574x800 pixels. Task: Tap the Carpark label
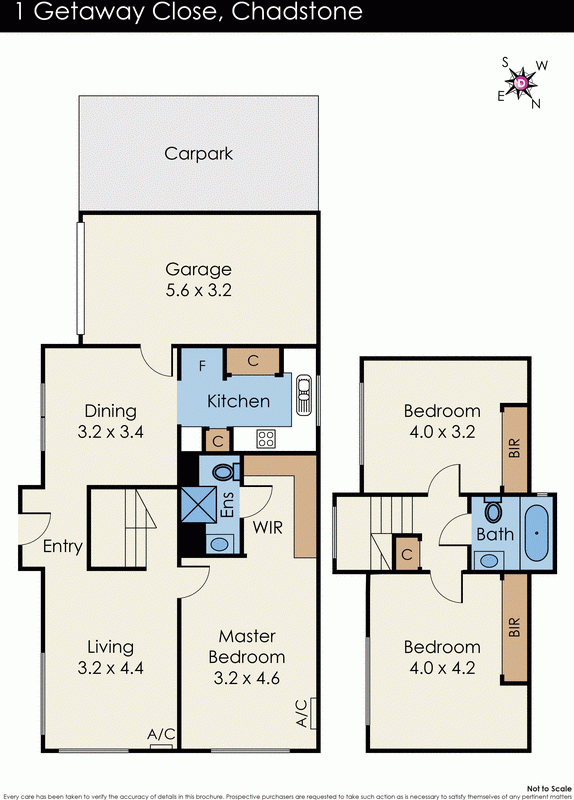click(x=198, y=154)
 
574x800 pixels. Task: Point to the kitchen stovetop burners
click(x=267, y=438)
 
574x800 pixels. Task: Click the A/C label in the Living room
click(x=161, y=734)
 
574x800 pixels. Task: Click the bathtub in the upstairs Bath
click(x=537, y=532)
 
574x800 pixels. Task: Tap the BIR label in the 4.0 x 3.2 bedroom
click(x=514, y=446)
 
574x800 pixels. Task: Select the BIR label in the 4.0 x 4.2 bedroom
click(x=514, y=627)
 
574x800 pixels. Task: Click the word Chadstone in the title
click(x=302, y=14)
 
